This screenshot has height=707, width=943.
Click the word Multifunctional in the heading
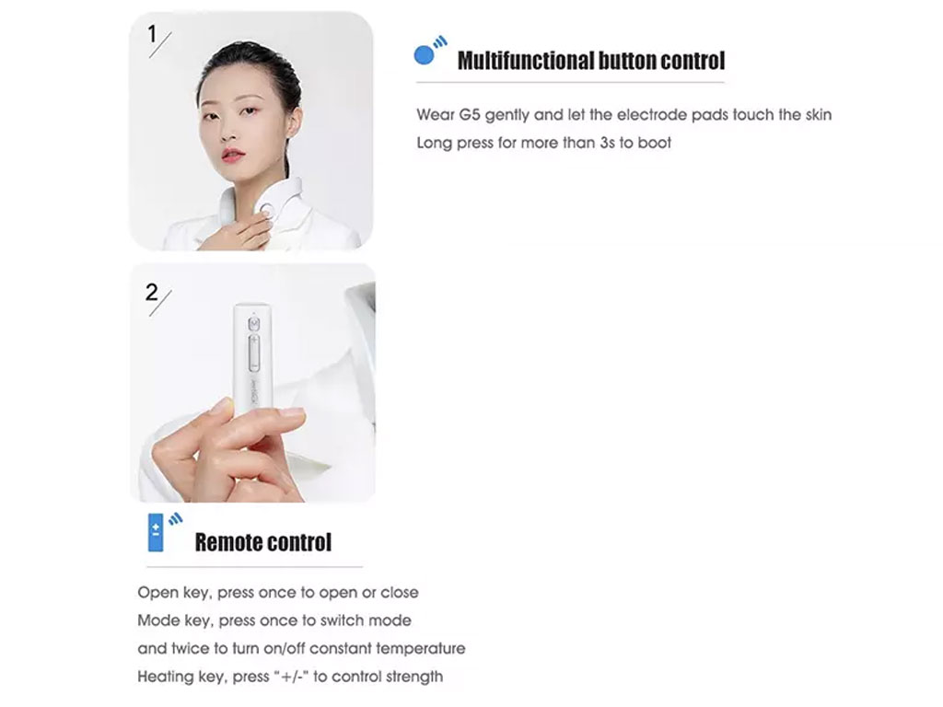(x=525, y=61)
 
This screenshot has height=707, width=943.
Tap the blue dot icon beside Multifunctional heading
(x=424, y=55)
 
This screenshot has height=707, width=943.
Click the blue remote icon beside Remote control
(x=155, y=533)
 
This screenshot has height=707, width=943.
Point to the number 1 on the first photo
(x=152, y=34)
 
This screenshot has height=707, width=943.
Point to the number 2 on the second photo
(x=152, y=292)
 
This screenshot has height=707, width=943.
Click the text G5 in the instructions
(x=470, y=115)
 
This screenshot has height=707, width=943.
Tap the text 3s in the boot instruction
(x=608, y=143)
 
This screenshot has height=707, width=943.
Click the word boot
(x=655, y=143)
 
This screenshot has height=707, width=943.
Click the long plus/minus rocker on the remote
(x=254, y=353)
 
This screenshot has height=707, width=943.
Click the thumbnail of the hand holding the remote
(x=252, y=383)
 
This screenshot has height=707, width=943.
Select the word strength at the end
(x=414, y=678)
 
